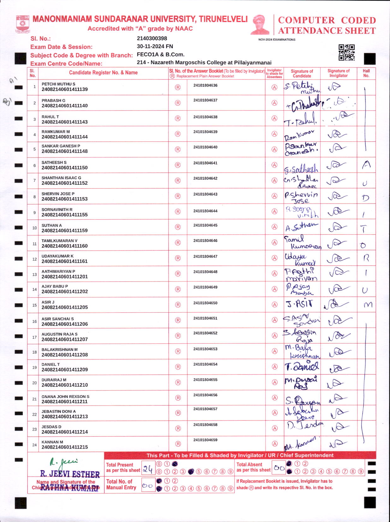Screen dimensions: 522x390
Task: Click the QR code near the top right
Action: [346, 52]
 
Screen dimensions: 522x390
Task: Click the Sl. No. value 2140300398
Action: [152, 39]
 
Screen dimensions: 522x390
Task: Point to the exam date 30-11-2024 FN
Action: [155, 46]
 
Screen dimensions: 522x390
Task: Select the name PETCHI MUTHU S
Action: [58, 84]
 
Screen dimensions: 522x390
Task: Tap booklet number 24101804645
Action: [205, 225]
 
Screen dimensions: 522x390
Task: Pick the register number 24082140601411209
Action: [65, 370]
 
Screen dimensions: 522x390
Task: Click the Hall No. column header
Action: [366, 73]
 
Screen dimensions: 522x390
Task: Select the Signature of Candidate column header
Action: [302, 74]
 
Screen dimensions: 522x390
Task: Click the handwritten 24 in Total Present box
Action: [148, 469]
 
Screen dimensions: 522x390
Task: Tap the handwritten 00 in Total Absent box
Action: [279, 468]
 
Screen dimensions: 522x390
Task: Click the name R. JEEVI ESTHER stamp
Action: [70, 474]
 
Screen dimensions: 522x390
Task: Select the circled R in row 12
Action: [178, 258]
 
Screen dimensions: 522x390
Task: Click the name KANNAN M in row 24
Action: [52, 442]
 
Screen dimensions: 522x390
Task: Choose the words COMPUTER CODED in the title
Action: [327, 20]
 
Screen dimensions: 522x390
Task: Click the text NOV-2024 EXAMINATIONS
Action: [277, 40]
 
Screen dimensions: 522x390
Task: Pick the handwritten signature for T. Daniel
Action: [301, 367]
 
